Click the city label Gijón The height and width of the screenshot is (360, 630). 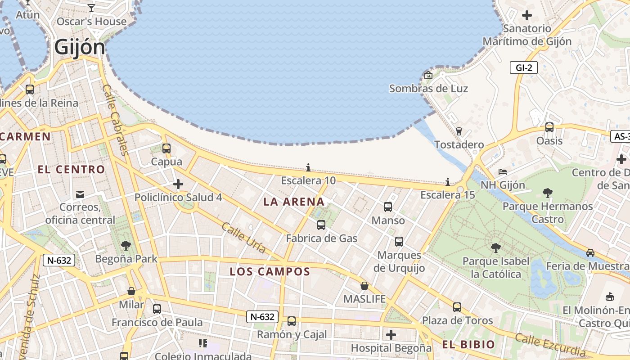(x=80, y=47)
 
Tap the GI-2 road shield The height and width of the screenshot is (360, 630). (x=524, y=68)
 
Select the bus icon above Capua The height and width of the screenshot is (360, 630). (x=166, y=148)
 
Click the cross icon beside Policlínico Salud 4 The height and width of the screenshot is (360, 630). (x=178, y=184)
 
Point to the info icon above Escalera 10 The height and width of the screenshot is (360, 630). (x=308, y=168)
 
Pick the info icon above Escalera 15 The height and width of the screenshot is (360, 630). (x=448, y=182)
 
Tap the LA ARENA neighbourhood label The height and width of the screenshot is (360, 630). (x=294, y=202)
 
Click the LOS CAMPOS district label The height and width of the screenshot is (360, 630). (x=270, y=272)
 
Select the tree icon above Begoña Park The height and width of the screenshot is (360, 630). (x=126, y=246)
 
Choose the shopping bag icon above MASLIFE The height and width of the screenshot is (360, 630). (x=364, y=286)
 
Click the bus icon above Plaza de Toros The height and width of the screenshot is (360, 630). (x=457, y=307)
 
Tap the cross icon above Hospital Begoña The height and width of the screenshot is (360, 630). (x=391, y=335)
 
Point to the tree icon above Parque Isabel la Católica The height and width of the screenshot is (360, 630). (x=496, y=248)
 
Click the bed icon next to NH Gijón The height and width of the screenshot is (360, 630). (x=503, y=172)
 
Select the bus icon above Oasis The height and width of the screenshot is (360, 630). (x=549, y=127)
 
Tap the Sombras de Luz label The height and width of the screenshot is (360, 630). (x=428, y=89)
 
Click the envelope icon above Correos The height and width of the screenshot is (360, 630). (x=80, y=194)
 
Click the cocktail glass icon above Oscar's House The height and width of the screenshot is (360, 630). (x=92, y=8)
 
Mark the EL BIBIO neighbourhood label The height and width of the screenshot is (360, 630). (x=468, y=345)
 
